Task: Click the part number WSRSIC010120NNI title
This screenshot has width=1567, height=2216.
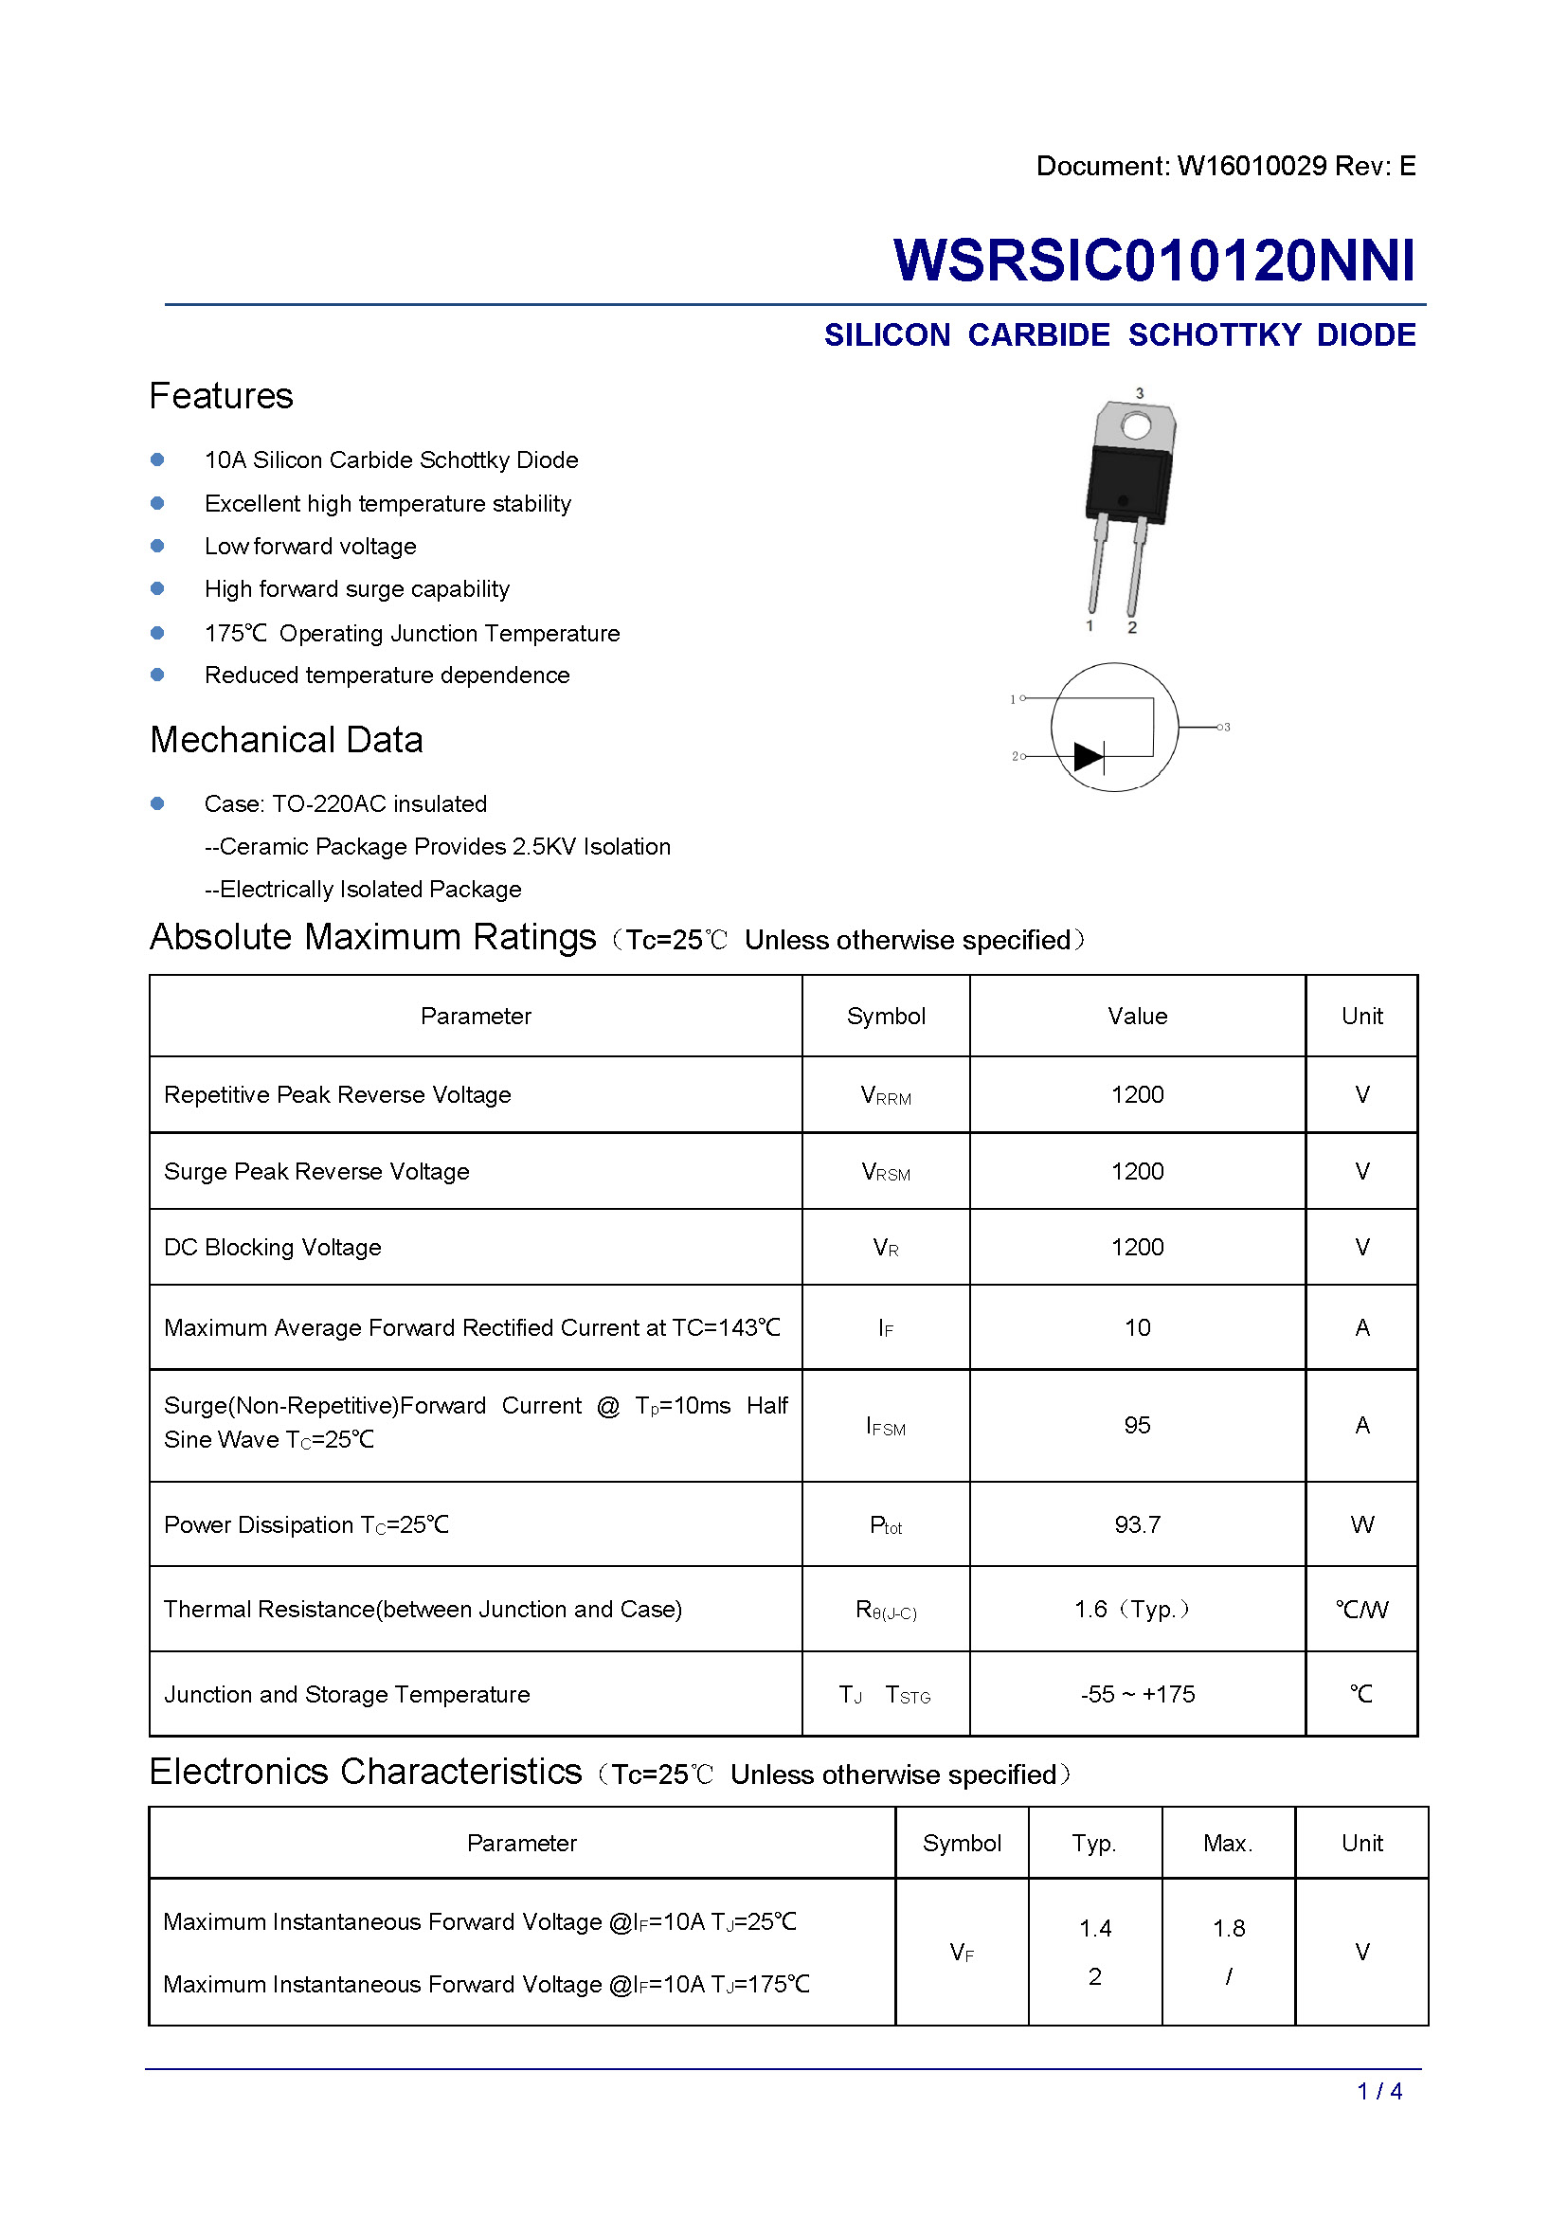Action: [1153, 261]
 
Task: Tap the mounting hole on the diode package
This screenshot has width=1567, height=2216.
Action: [1136, 425]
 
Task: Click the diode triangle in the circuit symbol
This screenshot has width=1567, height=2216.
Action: [1088, 757]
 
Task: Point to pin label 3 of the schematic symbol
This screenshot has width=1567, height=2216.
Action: [1226, 727]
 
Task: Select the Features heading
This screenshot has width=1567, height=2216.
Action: [221, 397]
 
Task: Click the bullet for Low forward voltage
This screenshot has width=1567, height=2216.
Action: [157, 547]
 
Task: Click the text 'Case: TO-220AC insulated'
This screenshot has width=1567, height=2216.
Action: [346, 804]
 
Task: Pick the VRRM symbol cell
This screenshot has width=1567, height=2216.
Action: [886, 1095]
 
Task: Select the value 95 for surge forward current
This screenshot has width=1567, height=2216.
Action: [1137, 1426]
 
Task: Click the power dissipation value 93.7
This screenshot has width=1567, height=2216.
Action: [1137, 1525]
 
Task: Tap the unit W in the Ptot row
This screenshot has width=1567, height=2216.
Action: [1361, 1525]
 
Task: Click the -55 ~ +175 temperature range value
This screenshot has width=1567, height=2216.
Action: [1137, 1695]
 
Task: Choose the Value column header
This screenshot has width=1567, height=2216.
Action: [1137, 1017]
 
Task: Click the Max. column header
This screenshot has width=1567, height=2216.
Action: [1227, 1844]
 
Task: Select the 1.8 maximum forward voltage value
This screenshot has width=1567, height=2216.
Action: [1229, 1928]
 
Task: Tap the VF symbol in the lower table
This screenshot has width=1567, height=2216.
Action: [961, 1953]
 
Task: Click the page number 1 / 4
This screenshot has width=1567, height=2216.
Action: [1378, 2092]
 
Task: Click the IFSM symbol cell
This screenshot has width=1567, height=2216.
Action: [886, 1427]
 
